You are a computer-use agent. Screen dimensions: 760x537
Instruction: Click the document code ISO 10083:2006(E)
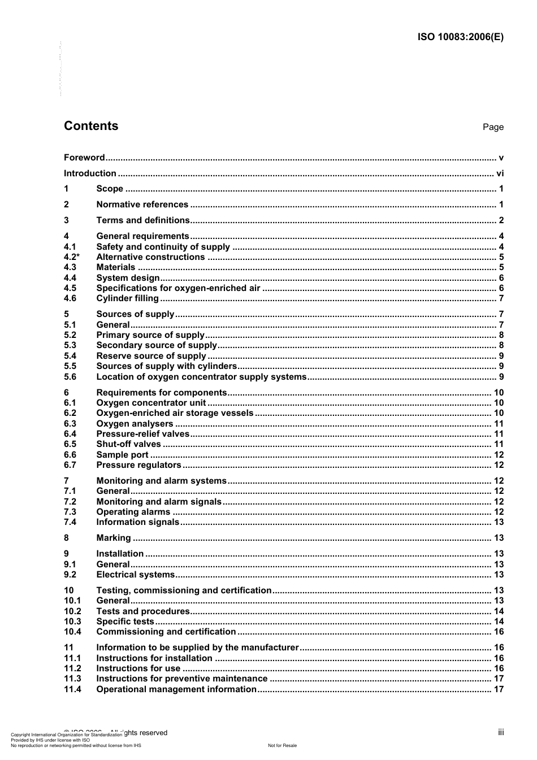(x=460, y=37)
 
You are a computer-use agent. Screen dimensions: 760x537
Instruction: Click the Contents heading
(x=91, y=126)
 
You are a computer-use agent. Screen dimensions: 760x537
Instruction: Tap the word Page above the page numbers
(x=493, y=127)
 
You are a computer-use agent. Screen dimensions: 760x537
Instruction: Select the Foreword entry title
(x=84, y=158)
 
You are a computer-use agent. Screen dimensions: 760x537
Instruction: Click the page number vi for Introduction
(x=500, y=173)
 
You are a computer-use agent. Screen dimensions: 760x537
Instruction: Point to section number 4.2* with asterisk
(x=71, y=257)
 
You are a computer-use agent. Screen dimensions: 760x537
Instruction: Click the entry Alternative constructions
(x=150, y=257)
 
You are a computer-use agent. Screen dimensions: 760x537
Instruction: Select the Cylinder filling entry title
(x=127, y=298)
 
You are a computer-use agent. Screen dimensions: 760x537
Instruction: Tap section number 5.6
(x=70, y=377)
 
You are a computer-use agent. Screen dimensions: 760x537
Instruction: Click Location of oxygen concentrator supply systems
(x=201, y=377)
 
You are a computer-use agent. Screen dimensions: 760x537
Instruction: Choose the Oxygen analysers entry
(x=135, y=424)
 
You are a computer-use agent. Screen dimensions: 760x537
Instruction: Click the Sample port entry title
(x=122, y=455)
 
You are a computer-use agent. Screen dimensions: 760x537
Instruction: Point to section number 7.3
(x=70, y=512)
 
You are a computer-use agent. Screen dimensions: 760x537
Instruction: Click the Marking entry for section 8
(x=114, y=538)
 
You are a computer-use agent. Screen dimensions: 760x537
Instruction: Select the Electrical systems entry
(x=136, y=575)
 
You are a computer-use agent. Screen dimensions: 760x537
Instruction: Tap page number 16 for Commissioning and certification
(x=499, y=632)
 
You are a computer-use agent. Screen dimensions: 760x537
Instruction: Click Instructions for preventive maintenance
(x=181, y=679)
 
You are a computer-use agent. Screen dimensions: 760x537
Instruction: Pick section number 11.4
(x=72, y=689)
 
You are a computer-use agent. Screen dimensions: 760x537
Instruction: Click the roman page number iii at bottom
(x=501, y=732)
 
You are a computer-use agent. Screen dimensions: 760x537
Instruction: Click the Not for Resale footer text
(x=282, y=745)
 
